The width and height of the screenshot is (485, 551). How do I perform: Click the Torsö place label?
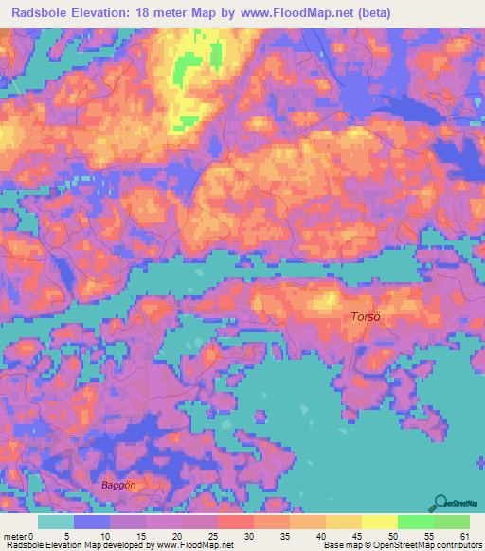pyautogui.click(x=366, y=317)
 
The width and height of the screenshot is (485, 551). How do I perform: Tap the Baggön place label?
pyautogui.click(x=118, y=485)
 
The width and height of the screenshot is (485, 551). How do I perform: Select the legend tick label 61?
pyautogui.click(x=463, y=535)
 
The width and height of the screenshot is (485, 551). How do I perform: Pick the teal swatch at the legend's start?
pyautogui.click(x=56, y=522)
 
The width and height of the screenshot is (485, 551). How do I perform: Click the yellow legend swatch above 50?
pyautogui.click(x=379, y=522)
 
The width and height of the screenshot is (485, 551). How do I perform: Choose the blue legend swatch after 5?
pyautogui.click(x=92, y=522)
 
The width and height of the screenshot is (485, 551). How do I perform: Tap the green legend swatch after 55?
pyautogui.click(x=451, y=522)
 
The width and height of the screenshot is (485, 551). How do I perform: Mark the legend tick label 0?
pyautogui.click(x=42, y=535)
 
